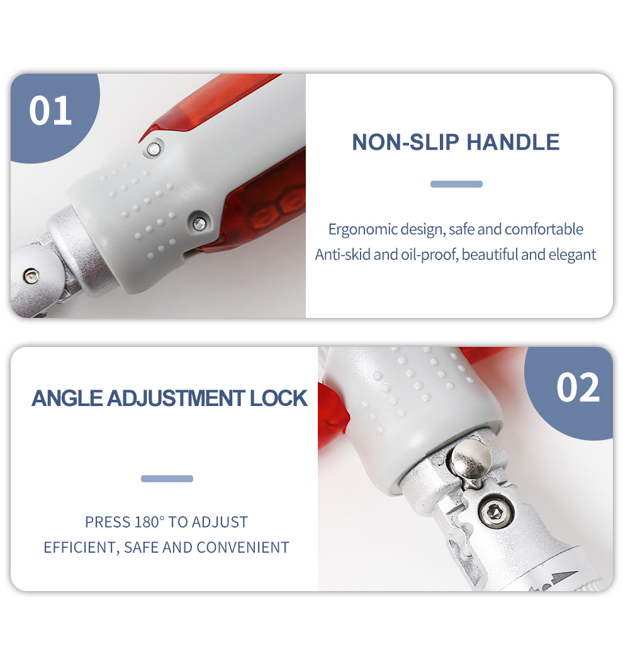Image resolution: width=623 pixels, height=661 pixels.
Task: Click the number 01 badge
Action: pyautogui.click(x=50, y=111)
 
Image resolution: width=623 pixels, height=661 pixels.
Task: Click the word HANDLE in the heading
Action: pyautogui.click(x=513, y=142)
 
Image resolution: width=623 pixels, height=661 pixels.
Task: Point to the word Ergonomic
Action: pyautogui.click(x=362, y=230)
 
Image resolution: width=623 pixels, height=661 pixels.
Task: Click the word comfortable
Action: pyautogui.click(x=544, y=229)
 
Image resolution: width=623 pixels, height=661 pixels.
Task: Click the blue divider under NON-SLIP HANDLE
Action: pyautogui.click(x=456, y=184)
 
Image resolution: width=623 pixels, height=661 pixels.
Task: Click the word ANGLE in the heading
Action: pyautogui.click(x=67, y=398)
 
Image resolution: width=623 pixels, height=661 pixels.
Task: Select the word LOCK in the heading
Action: pyautogui.click(x=279, y=398)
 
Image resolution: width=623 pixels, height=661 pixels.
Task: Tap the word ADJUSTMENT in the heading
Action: pyautogui.click(x=176, y=398)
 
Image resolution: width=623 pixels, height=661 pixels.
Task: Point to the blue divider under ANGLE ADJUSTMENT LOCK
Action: pyautogui.click(x=167, y=478)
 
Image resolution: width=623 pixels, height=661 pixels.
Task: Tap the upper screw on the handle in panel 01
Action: pyautogui.click(x=154, y=149)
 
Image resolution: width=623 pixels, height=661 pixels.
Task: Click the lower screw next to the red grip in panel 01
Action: pyautogui.click(x=198, y=223)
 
